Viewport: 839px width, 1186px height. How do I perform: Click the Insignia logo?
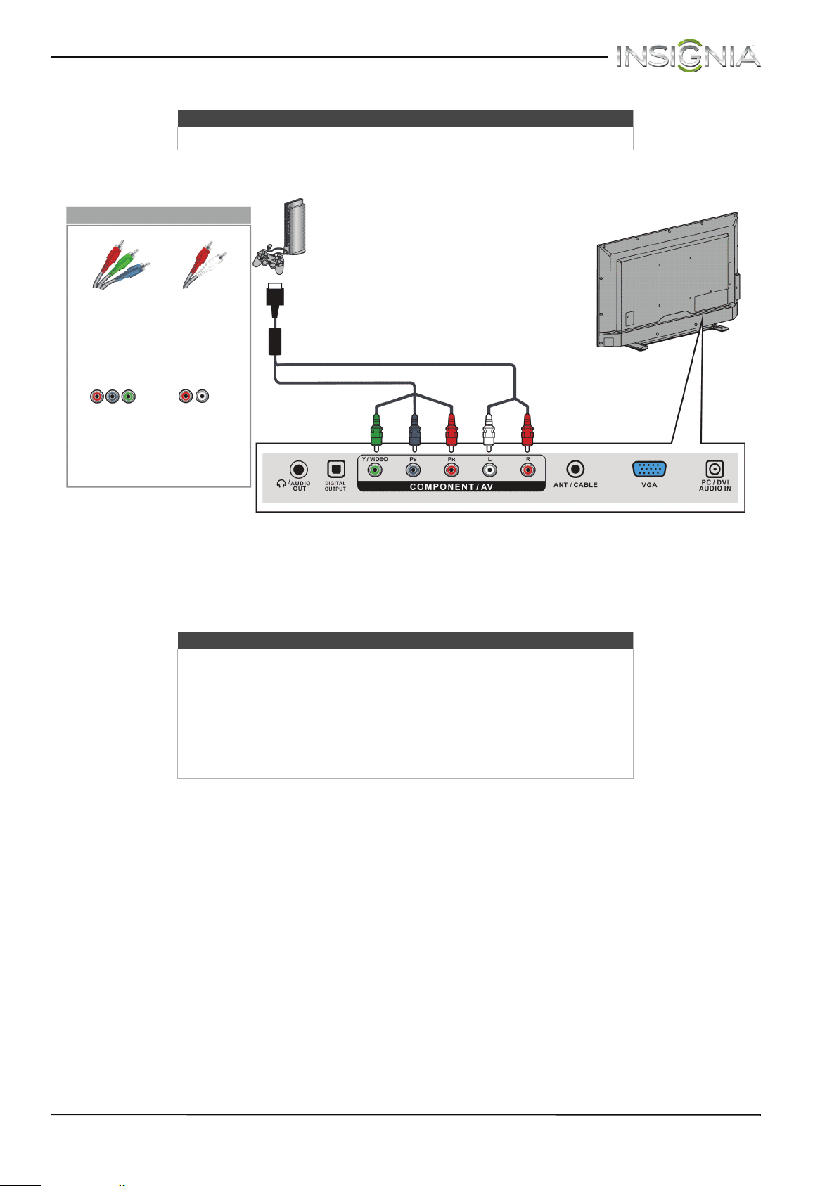point(688,56)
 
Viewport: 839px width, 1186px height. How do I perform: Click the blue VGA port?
point(649,470)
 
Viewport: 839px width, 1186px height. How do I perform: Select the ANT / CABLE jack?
point(575,469)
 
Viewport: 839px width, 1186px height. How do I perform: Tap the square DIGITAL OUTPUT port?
point(335,469)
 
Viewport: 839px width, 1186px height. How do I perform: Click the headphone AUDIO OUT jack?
point(300,469)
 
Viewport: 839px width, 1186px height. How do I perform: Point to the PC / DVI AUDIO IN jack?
point(715,468)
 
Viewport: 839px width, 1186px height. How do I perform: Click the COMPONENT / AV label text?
point(451,486)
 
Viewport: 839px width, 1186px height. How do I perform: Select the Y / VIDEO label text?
point(375,459)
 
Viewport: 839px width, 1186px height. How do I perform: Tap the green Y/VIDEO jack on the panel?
point(376,471)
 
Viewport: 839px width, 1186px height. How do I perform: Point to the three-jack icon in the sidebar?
point(111,397)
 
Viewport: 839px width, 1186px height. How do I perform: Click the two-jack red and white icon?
point(193,397)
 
